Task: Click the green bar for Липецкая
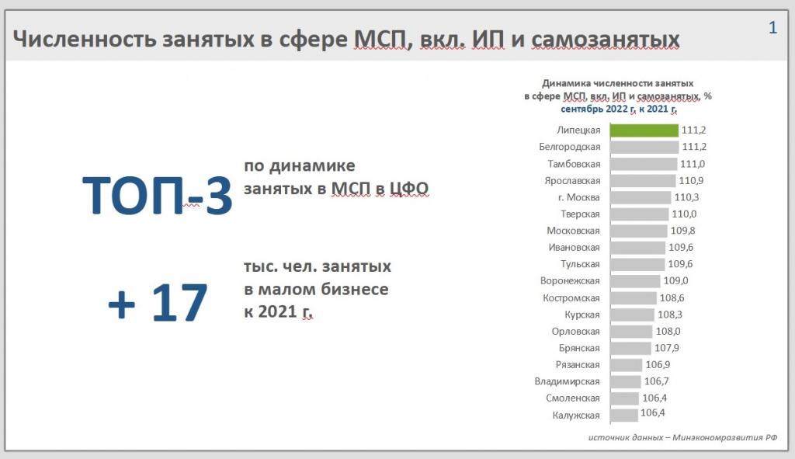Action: pyautogui.click(x=644, y=130)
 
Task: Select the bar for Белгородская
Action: pyautogui.click(x=644, y=147)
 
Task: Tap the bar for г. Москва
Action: pyautogui.click(x=641, y=197)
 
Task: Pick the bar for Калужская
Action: pyautogui.click(x=624, y=415)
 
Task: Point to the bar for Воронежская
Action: pyautogui.click(x=635, y=281)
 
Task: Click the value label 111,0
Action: pyautogui.click(x=693, y=164)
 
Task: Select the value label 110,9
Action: pyautogui.click(x=691, y=180)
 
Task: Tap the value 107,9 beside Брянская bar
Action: pyautogui.click(x=667, y=348)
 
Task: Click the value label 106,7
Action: pyautogui.click(x=657, y=381)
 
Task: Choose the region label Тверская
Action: pyautogui.click(x=580, y=214)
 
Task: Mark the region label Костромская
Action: pyautogui.click(x=571, y=297)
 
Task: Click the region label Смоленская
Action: pyautogui.click(x=573, y=398)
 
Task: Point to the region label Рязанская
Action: pyautogui.click(x=578, y=365)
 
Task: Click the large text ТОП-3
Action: pyautogui.click(x=157, y=196)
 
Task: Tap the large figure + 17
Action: pyautogui.click(x=158, y=303)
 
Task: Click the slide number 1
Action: pyautogui.click(x=772, y=27)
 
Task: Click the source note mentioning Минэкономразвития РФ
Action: pyautogui.click(x=682, y=437)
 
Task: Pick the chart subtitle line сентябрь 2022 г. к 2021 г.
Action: pyautogui.click(x=619, y=109)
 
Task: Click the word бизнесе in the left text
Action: pyautogui.click(x=354, y=289)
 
